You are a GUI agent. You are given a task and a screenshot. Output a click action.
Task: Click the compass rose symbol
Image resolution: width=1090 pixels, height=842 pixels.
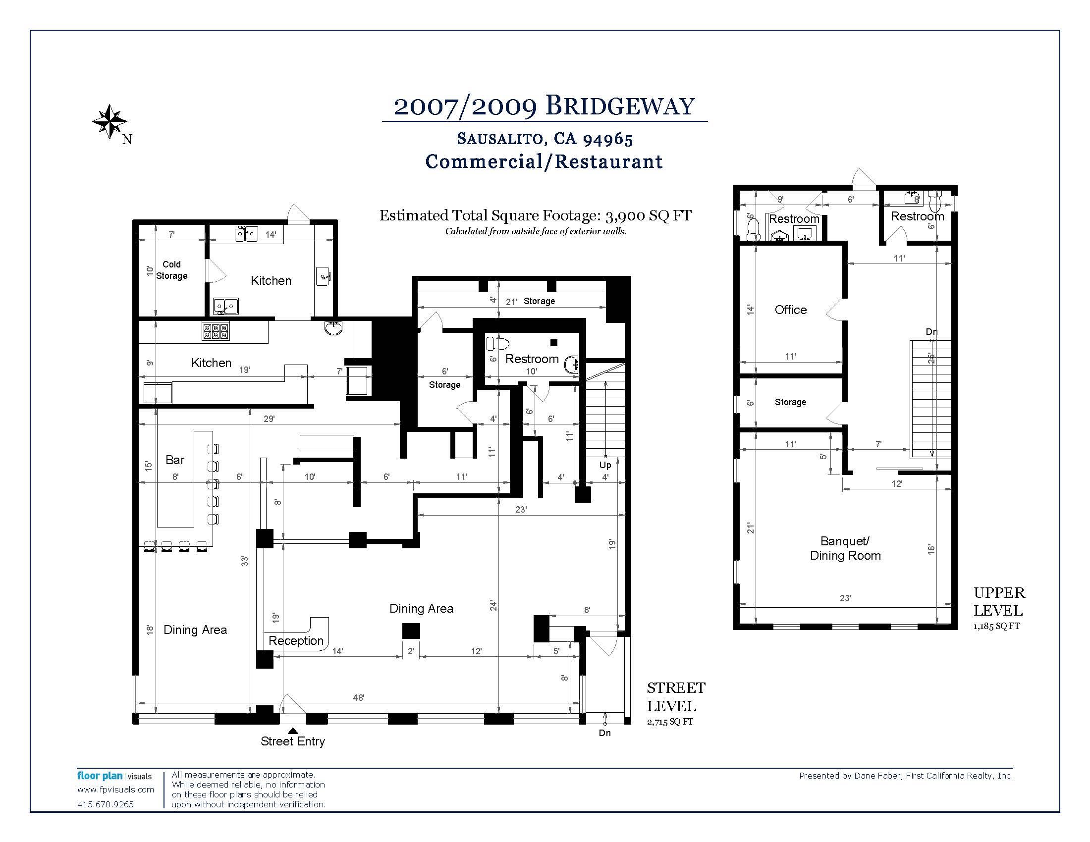point(109,122)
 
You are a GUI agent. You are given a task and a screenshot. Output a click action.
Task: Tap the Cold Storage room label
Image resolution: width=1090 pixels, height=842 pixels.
point(172,270)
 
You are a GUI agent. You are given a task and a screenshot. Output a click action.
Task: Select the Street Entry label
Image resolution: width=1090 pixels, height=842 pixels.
point(292,741)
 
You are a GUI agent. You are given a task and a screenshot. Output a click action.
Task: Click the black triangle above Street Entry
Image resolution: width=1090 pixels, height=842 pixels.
point(293,730)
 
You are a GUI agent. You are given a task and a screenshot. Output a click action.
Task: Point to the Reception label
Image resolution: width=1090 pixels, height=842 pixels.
point(296,641)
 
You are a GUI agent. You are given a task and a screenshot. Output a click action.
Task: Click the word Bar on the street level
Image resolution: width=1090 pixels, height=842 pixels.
point(175,460)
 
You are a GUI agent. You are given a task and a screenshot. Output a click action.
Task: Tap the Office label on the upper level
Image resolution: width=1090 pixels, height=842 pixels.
point(791,310)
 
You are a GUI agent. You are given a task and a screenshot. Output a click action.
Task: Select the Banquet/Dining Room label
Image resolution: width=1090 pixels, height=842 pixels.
point(845,548)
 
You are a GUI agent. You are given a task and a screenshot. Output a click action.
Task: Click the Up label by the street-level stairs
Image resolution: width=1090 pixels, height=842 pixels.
point(605,466)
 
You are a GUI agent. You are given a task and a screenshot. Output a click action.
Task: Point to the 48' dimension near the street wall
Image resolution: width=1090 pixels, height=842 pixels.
point(358,698)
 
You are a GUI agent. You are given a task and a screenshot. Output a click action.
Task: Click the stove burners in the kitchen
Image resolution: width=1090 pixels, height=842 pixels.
point(216,331)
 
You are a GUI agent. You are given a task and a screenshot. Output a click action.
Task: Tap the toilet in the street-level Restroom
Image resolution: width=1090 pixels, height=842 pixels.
point(497,343)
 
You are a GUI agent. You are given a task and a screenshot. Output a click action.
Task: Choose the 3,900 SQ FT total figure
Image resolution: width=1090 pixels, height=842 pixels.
point(649,215)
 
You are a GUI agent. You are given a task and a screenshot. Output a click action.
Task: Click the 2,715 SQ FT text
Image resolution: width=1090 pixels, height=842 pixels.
point(670,722)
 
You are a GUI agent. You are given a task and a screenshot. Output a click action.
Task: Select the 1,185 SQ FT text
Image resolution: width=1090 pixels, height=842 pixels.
point(996,626)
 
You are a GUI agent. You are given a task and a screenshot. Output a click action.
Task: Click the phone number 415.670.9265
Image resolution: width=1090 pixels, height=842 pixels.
point(106,804)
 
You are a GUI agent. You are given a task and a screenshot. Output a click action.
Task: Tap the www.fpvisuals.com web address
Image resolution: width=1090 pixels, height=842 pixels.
point(116,789)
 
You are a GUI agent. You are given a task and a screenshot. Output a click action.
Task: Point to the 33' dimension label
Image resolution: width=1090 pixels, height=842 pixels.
point(245,561)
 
